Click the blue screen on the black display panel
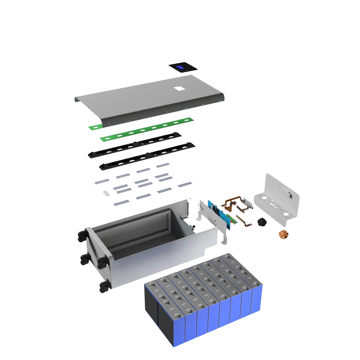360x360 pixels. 181,68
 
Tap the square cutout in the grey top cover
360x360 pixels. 179,88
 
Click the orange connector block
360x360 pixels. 284,234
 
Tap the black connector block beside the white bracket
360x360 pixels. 262,222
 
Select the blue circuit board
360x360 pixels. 224,215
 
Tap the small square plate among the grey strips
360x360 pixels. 105,193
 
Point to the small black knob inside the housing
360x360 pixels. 193,226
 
